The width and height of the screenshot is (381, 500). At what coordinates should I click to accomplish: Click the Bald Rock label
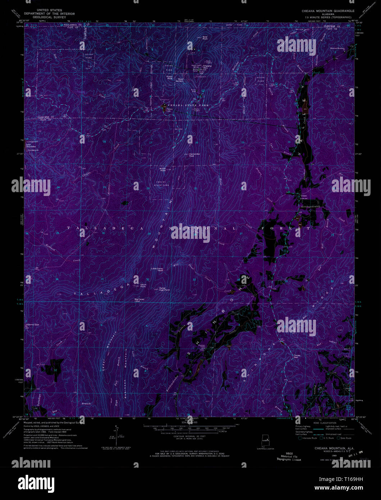click(x=205, y=37)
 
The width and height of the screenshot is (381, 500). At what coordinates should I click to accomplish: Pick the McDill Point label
click(x=162, y=169)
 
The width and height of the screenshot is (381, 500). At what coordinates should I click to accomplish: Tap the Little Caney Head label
click(x=157, y=269)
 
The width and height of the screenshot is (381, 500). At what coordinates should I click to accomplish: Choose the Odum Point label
click(x=143, y=286)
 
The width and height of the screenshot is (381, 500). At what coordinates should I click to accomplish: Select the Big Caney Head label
click(x=139, y=300)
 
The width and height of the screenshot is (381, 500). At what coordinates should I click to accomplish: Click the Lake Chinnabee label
click(x=31, y=146)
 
